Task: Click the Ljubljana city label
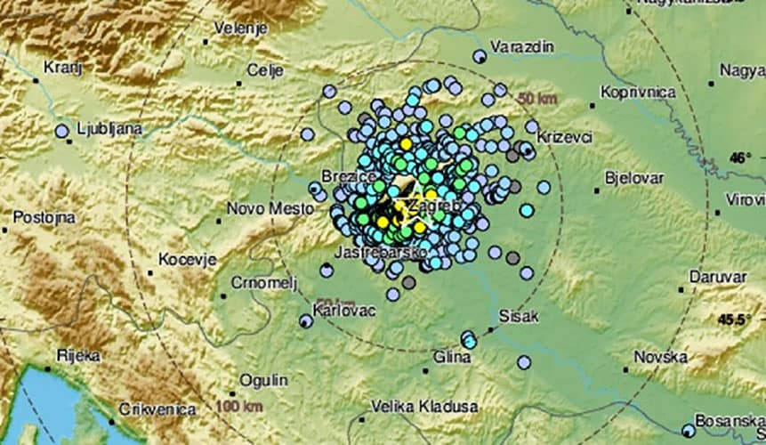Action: coord(109,129)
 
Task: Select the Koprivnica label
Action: coord(637,92)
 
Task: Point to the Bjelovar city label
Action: coord(636,177)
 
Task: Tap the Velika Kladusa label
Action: coord(423,406)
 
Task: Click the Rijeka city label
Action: coord(77,356)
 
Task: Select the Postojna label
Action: coord(44,216)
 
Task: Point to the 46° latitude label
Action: coord(740,158)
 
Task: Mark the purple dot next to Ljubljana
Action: coord(61,131)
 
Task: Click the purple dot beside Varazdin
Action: coord(480,57)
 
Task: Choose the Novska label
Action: coord(660,357)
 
